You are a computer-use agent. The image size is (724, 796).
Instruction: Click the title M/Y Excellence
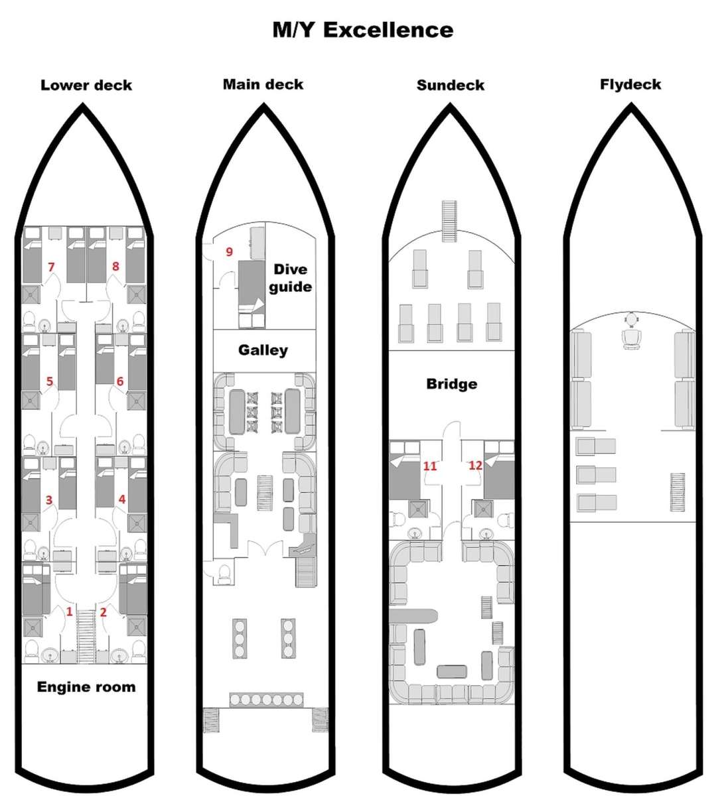coord(362,30)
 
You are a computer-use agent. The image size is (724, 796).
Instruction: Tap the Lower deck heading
coord(86,85)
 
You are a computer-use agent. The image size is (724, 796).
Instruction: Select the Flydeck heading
coord(630,84)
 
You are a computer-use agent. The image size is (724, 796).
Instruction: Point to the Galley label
coord(263,350)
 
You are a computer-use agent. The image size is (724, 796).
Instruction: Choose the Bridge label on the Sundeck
coord(451,383)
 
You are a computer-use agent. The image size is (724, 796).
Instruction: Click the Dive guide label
coord(290,278)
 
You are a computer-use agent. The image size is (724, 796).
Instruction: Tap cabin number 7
coord(51,267)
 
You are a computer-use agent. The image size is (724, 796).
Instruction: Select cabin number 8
coord(115,266)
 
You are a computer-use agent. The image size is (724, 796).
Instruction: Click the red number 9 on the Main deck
coord(229,251)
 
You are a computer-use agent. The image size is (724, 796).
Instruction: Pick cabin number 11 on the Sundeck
coord(430,466)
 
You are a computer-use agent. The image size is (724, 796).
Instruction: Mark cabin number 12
coord(475,465)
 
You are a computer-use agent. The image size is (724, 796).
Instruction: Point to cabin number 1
coord(70,612)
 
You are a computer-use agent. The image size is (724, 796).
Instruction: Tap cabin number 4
coord(122,499)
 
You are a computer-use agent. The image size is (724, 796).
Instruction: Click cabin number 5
coord(50,381)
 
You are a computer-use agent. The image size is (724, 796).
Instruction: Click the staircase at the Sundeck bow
coord(449,221)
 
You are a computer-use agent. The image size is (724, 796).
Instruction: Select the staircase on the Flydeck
coord(678,492)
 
